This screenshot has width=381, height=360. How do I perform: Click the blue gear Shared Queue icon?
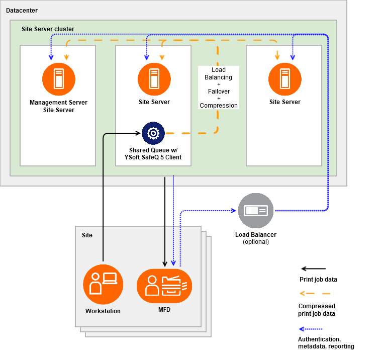tap(153, 133)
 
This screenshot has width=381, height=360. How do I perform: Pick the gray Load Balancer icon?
tap(256, 211)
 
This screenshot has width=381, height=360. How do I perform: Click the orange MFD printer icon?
tap(164, 286)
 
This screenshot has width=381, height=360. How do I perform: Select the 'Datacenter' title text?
tap(22, 11)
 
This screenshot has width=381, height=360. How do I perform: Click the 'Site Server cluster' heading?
tap(48, 29)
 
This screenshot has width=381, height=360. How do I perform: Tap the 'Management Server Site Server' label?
tap(58, 106)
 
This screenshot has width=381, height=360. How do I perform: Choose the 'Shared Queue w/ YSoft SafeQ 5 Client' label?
tap(153, 154)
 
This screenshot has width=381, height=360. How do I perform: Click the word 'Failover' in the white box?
tap(219, 92)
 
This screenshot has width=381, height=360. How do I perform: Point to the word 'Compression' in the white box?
tap(219, 106)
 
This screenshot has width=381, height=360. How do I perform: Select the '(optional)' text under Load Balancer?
tap(255, 242)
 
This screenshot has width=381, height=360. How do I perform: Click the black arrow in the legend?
tap(312, 269)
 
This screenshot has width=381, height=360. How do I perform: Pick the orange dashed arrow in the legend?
tap(312, 293)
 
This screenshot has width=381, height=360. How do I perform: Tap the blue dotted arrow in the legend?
tap(312, 329)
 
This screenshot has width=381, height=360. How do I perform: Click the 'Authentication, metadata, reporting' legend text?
tap(326, 342)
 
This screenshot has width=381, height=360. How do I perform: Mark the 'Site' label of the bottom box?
tap(87, 235)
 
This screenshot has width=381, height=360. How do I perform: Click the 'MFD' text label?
tap(164, 309)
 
